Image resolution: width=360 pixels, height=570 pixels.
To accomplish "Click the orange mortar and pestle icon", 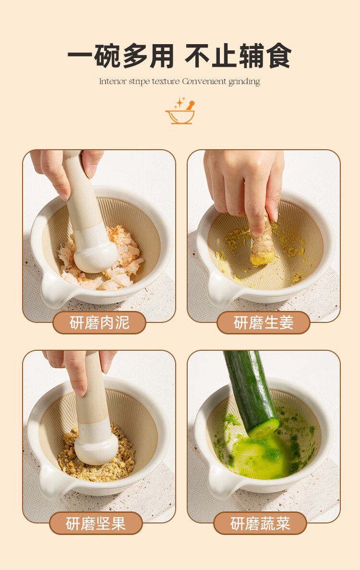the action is pyautogui.click(x=180, y=111).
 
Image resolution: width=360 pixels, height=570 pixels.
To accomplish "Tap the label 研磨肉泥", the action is pyautogui.click(x=99, y=322).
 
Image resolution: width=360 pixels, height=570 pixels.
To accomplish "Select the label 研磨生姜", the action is pyautogui.click(x=263, y=322).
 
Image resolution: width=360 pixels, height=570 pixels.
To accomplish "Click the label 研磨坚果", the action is pyautogui.click(x=96, y=523).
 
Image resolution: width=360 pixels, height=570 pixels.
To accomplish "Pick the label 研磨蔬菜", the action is pyautogui.click(x=260, y=523).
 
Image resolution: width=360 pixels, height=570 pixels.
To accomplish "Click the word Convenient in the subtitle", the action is pyautogui.click(x=204, y=81).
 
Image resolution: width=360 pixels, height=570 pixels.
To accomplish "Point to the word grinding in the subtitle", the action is pyautogui.click(x=244, y=82).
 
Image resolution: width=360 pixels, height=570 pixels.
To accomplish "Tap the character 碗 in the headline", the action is pyautogui.click(x=107, y=56).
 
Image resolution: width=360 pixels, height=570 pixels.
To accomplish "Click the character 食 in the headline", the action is pyautogui.click(x=278, y=56).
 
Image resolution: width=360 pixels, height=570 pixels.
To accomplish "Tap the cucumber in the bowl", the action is pyautogui.click(x=251, y=394).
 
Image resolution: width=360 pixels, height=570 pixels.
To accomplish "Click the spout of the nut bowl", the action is pyautogui.click(x=53, y=482).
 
